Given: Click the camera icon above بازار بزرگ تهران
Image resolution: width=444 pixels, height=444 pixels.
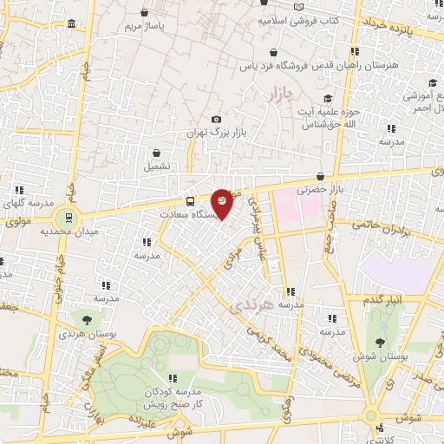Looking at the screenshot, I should point(216,120).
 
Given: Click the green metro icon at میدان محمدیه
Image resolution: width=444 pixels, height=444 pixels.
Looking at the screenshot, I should point(66,216).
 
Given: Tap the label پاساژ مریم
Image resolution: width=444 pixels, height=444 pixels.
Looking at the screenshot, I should point(143,27).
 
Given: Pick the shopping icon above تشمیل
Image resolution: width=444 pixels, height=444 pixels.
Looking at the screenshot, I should point(156,153).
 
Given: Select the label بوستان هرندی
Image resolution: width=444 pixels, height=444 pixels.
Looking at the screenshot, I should point(84,333).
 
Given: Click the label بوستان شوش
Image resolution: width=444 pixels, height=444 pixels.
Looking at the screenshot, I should point(376,356).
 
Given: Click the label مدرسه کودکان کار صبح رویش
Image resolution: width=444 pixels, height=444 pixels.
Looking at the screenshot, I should point(173,398).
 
